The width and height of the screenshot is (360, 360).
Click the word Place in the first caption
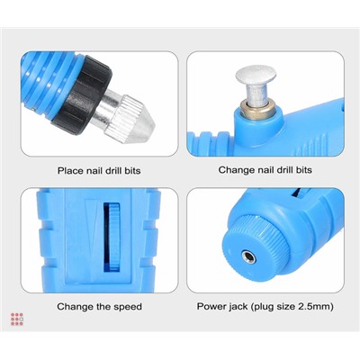(x=70, y=171)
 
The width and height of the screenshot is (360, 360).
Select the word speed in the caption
(x=127, y=307)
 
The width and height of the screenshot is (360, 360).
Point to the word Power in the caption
(x=211, y=307)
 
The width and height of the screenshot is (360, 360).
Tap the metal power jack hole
(x=249, y=257)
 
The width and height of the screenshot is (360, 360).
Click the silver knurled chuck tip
(x=130, y=119)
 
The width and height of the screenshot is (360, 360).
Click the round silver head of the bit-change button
(x=256, y=75)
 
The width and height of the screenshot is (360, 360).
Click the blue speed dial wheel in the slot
(x=114, y=238)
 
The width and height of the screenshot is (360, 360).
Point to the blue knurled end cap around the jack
(x=256, y=248)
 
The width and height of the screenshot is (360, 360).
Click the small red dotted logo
(x=17, y=319)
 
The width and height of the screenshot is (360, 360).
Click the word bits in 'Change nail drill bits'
(x=303, y=170)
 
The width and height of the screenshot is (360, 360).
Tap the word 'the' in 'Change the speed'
(x=103, y=307)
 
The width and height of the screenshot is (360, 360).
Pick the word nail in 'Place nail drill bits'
(x=94, y=171)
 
